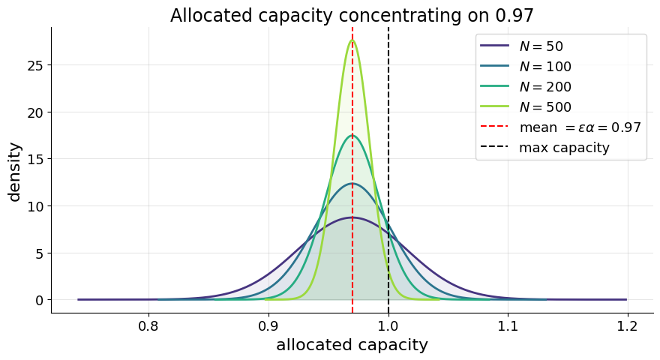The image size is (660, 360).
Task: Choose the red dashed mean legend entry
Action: point(580,127)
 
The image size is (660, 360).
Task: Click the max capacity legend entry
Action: point(564,148)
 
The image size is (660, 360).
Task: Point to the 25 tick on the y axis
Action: point(34,65)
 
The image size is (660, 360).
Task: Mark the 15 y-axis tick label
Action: point(34,159)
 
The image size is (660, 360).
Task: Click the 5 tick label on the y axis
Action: point(38,253)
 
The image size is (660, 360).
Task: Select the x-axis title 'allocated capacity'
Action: point(352,345)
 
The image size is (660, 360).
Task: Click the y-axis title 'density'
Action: point(15,172)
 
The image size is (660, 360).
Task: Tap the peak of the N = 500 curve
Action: point(352,40)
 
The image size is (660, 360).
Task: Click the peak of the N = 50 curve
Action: point(352,217)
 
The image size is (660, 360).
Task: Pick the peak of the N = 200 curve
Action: point(352,136)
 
